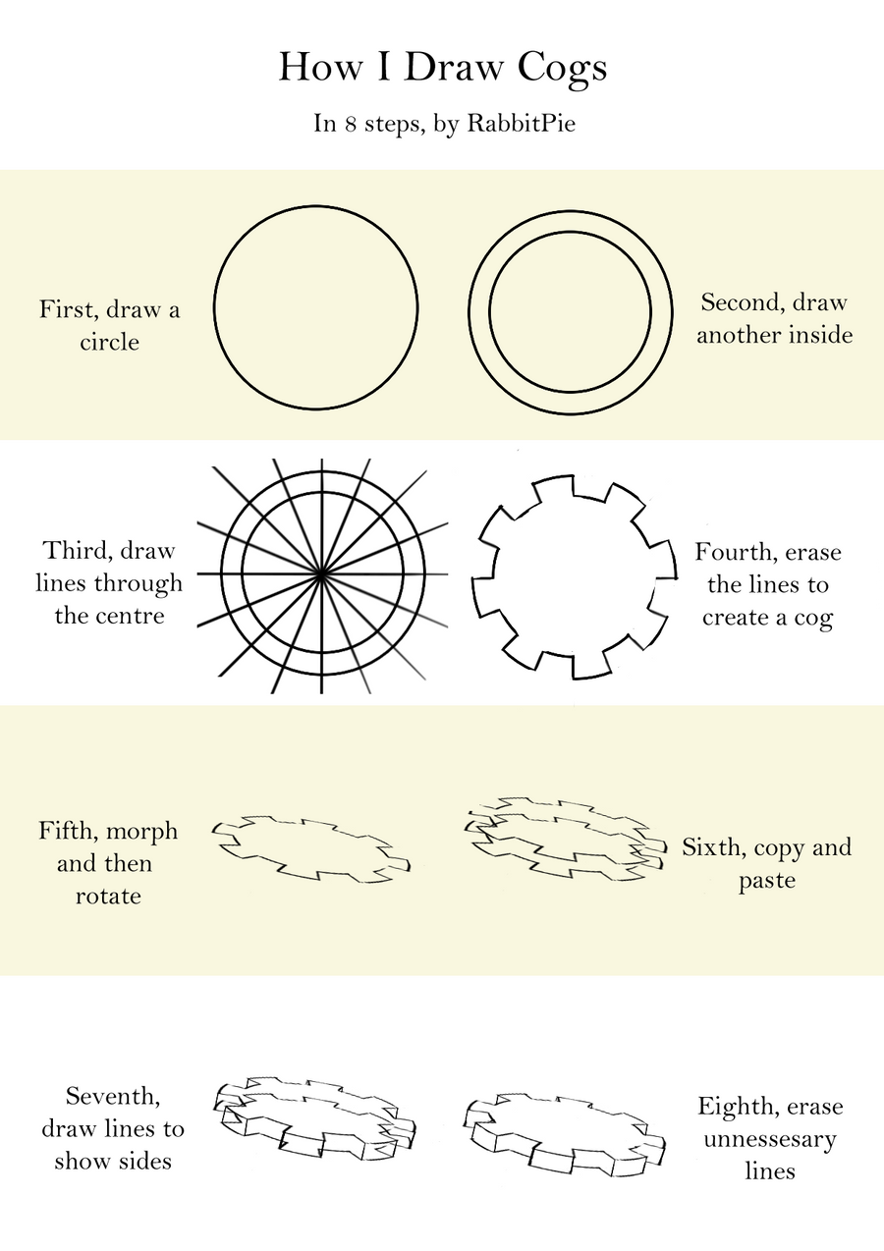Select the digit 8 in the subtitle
pyautogui.click(x=350, y=126)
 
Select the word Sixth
pyautogui.click(x=713, y=847)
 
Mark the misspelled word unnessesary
pyautogui.click(x=770, y=1140)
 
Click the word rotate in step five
pyautogui.click(x=108, y=897)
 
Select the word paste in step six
pyautogui.click(x=767, y=881)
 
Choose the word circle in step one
pyautogui.click(x=110, y=343)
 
